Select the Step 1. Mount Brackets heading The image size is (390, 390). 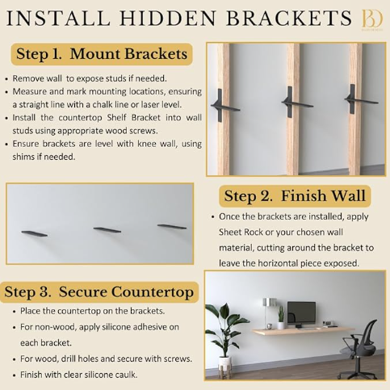tap(102, 55)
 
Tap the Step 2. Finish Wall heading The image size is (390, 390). tap(296, 195)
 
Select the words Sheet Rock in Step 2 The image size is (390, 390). tap(241, 233)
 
